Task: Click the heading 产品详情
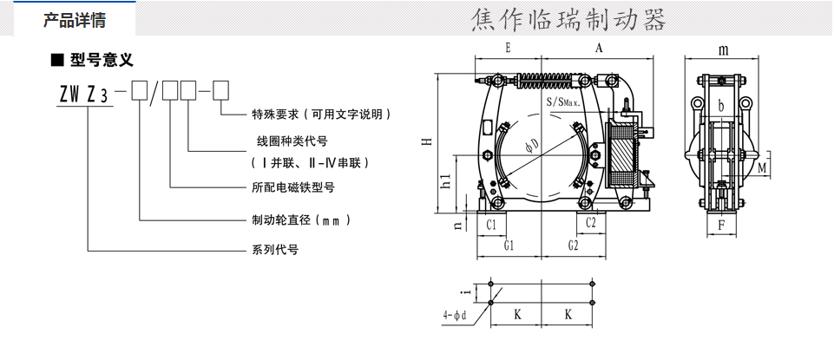coord(75,20)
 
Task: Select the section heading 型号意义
coord(101,60)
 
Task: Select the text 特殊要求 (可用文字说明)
coord(320,114)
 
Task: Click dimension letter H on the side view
coord(426,143)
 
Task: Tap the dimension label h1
coord(445,181)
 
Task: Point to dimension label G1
coord(509,245)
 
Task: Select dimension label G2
coord(572,245)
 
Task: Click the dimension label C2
coord(590,223)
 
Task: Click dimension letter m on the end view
coord(722,49)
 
